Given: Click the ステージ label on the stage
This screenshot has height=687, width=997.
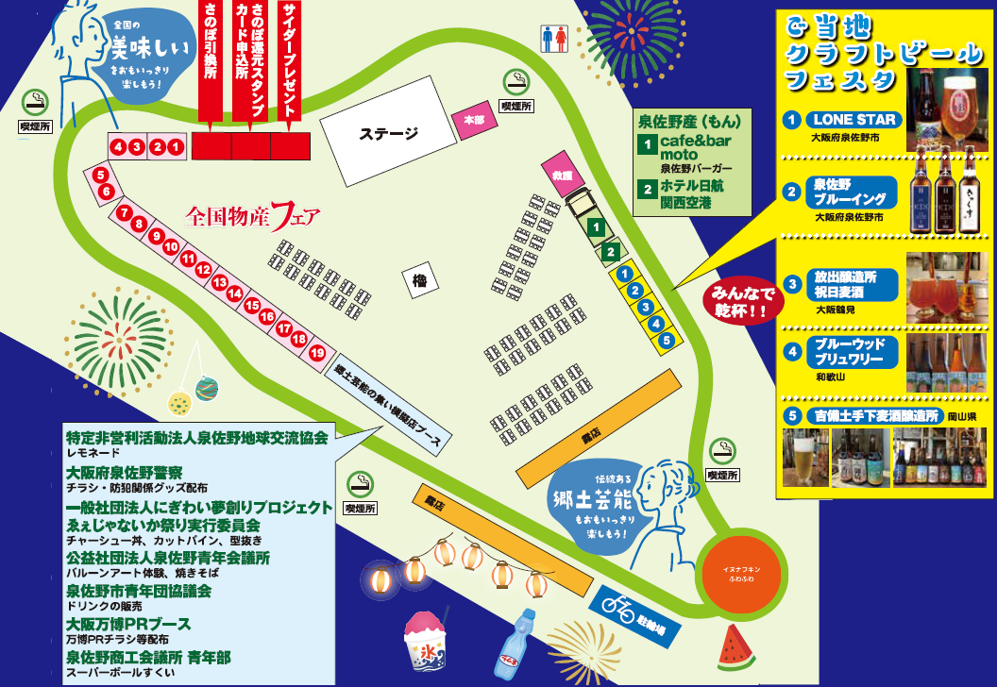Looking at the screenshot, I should (388, 134).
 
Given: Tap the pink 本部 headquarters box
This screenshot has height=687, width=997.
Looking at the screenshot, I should (473, 120).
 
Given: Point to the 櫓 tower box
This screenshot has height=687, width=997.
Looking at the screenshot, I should (419, 278).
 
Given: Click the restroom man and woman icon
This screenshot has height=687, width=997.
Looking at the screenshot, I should (554, 39).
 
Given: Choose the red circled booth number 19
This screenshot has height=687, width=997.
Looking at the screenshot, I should (317, 353).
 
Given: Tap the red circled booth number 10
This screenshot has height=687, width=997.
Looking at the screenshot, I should (171, 246).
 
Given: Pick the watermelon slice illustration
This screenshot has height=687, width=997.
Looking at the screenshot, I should (735, 647).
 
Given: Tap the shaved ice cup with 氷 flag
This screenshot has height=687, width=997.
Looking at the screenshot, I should (426, 639).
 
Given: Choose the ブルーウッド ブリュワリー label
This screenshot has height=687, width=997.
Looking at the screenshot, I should (851, 351).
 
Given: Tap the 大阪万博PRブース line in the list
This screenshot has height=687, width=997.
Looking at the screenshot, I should (128, 624).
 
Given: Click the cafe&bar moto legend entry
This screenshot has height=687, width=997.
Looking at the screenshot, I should (695, 147).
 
